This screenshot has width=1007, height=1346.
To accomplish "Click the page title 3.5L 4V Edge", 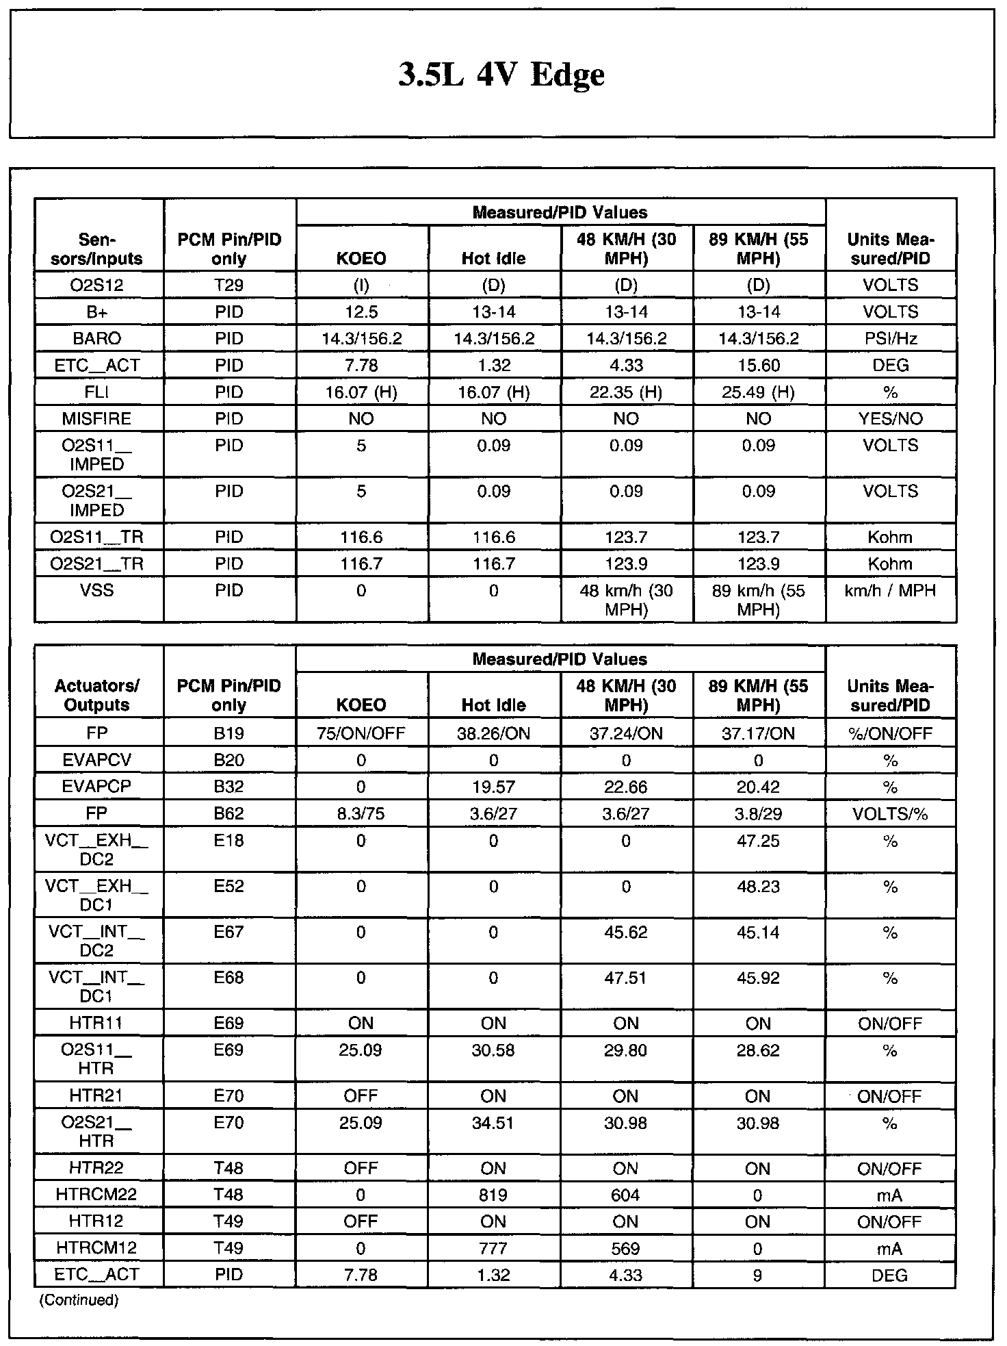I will tap(501, 75).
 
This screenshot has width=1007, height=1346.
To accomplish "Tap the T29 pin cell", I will tap(228, 285).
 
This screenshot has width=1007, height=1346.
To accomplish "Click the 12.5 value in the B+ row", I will tap(361, 312).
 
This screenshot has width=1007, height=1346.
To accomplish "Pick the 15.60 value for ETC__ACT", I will tap(759, 366).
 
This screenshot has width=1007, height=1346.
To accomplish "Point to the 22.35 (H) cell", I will tap(626, 392).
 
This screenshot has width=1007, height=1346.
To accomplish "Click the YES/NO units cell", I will tap(890, 418).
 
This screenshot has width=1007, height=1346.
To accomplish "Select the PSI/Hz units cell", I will tap(890, 339).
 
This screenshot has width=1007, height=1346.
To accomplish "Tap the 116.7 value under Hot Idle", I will tap(493, 564).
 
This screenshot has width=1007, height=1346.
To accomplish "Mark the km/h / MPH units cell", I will tap(890, 590).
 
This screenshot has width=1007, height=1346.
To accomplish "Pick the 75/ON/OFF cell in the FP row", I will tap(361, 734).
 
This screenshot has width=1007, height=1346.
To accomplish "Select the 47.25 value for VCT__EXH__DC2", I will tap(759, 841).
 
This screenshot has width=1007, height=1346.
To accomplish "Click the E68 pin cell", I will tap(228, 978).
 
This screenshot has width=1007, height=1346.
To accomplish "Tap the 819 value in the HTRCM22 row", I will tap(493, 1195).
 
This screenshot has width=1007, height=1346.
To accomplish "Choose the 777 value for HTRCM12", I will tap(493, 1248).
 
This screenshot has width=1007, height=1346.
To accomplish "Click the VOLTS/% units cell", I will tap(890, 814).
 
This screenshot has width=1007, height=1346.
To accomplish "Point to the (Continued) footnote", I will tap(79, 1299).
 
